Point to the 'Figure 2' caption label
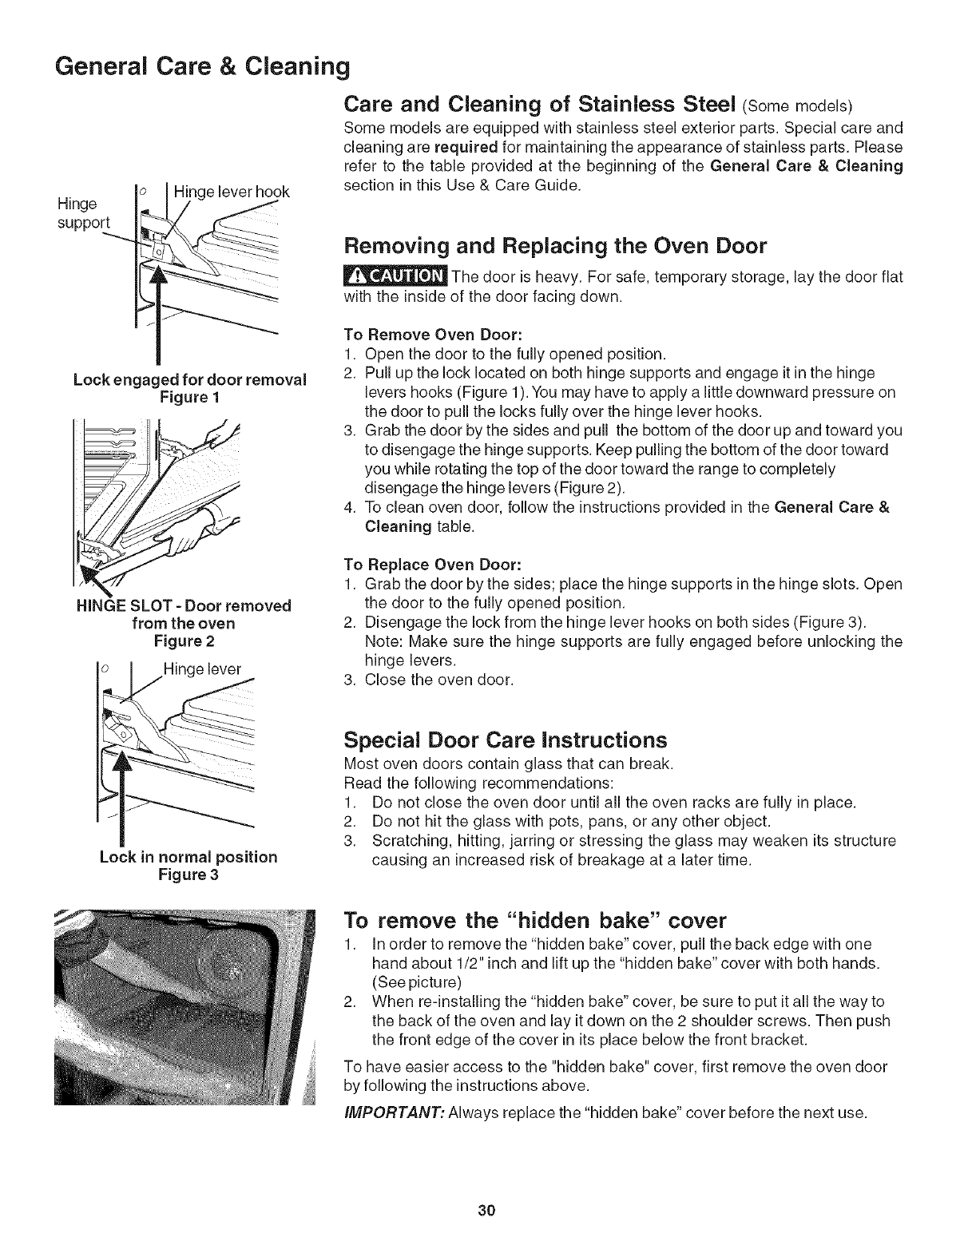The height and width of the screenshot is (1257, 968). pos(184,640)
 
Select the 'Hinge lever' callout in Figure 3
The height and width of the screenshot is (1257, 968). pos(201,669)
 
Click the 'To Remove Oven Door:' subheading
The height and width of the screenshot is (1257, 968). pos(409,333)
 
